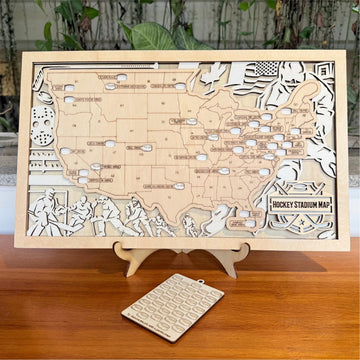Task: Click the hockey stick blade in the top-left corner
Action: [40, 72]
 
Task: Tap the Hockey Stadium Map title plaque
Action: [303, 205]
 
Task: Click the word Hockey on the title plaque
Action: [287, 205]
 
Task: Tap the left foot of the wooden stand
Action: [127, 268]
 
